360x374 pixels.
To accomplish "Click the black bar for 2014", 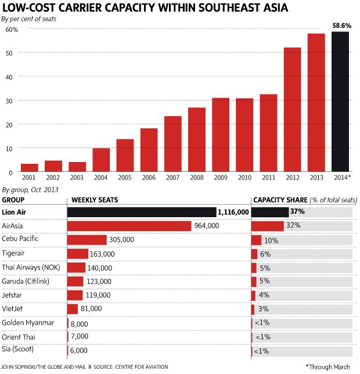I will coord(340,102).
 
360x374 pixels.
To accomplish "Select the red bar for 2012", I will coord(292,110).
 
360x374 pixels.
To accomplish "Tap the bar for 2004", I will coord(101,160).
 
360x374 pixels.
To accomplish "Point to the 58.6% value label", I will coord(340,26).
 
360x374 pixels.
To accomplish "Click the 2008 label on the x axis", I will coord(196,178).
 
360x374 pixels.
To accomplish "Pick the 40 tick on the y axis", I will coord(9,76).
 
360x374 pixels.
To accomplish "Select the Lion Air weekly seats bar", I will coord(142,213).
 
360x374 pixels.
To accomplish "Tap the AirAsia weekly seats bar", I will coord(129,226).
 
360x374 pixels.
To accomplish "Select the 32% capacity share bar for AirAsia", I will coord(267,226).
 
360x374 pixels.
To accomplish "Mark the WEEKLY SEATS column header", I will coord(93,200).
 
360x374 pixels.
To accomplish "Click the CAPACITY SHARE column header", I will coord(277,200).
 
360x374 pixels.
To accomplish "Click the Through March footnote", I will coord(328,367).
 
